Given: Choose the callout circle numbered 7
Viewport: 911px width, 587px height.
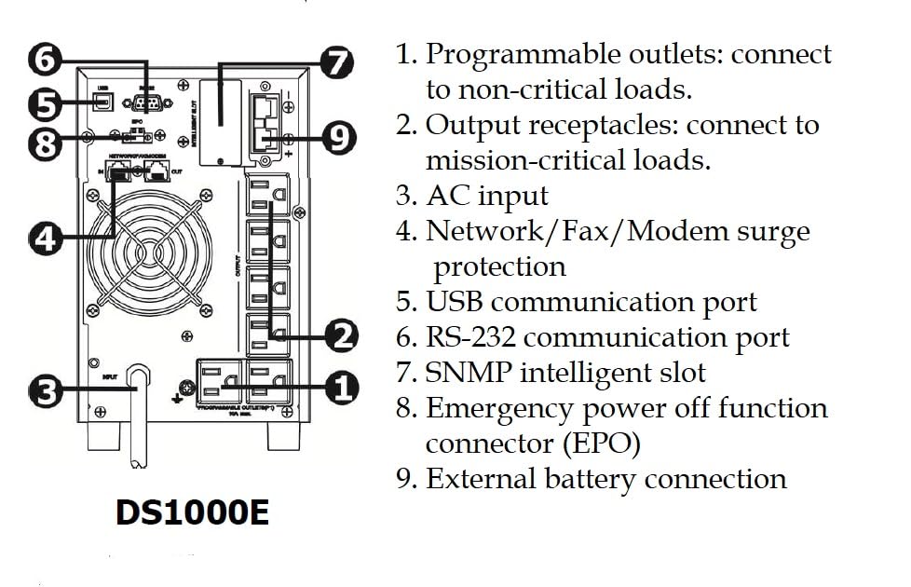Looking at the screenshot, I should click(x=336, y=63).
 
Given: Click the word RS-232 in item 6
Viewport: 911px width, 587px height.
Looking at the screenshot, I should click(x=471, y=337).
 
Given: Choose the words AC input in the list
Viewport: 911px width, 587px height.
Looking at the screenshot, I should click(x=487, y=196).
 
